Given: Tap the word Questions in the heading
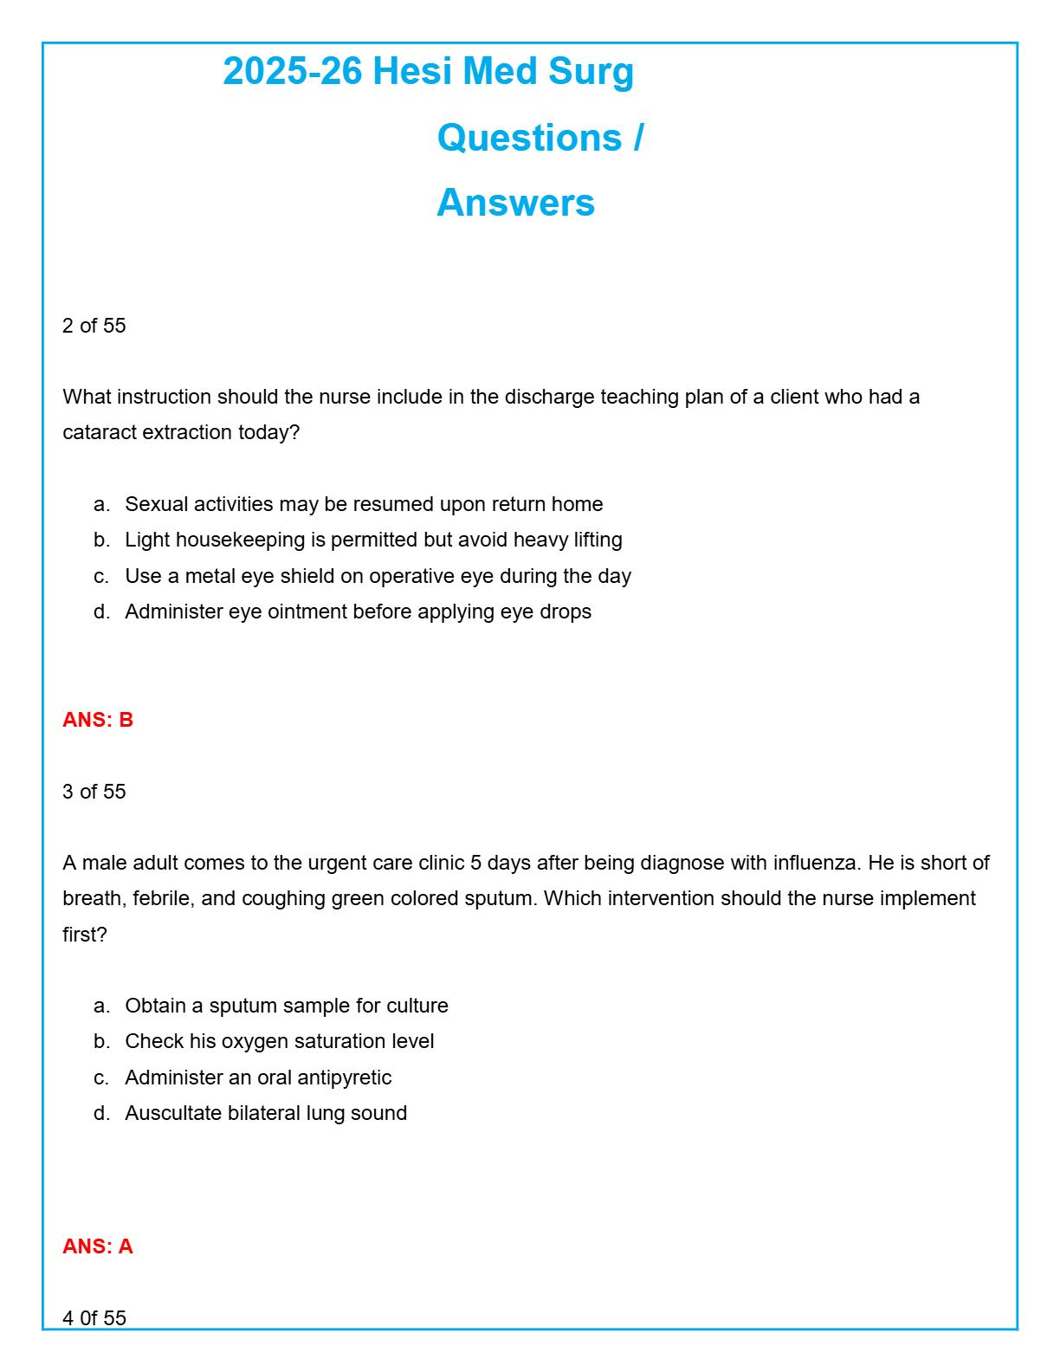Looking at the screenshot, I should pos(529,138).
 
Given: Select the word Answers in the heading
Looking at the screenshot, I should pos(515,203).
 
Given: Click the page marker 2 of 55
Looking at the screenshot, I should pos(94,326).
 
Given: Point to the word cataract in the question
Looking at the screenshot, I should pos(100,432).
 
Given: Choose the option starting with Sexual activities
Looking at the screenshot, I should pos(364,504).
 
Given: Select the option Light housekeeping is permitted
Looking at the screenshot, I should pos(373,540).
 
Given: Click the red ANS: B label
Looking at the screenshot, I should pos(98,720).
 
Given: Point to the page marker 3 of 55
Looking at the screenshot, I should pos(94,792).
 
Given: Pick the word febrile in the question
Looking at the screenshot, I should pos(163,898).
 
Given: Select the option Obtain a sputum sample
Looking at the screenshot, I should pos(287,1006).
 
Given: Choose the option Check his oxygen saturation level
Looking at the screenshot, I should pos(280,1041).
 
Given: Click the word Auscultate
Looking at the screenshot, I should pos(173,1113).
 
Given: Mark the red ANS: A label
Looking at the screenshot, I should pos(98,1246).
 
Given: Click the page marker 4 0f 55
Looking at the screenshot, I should pos(94,1317).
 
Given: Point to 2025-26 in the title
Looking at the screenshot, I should pos(292,71).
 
